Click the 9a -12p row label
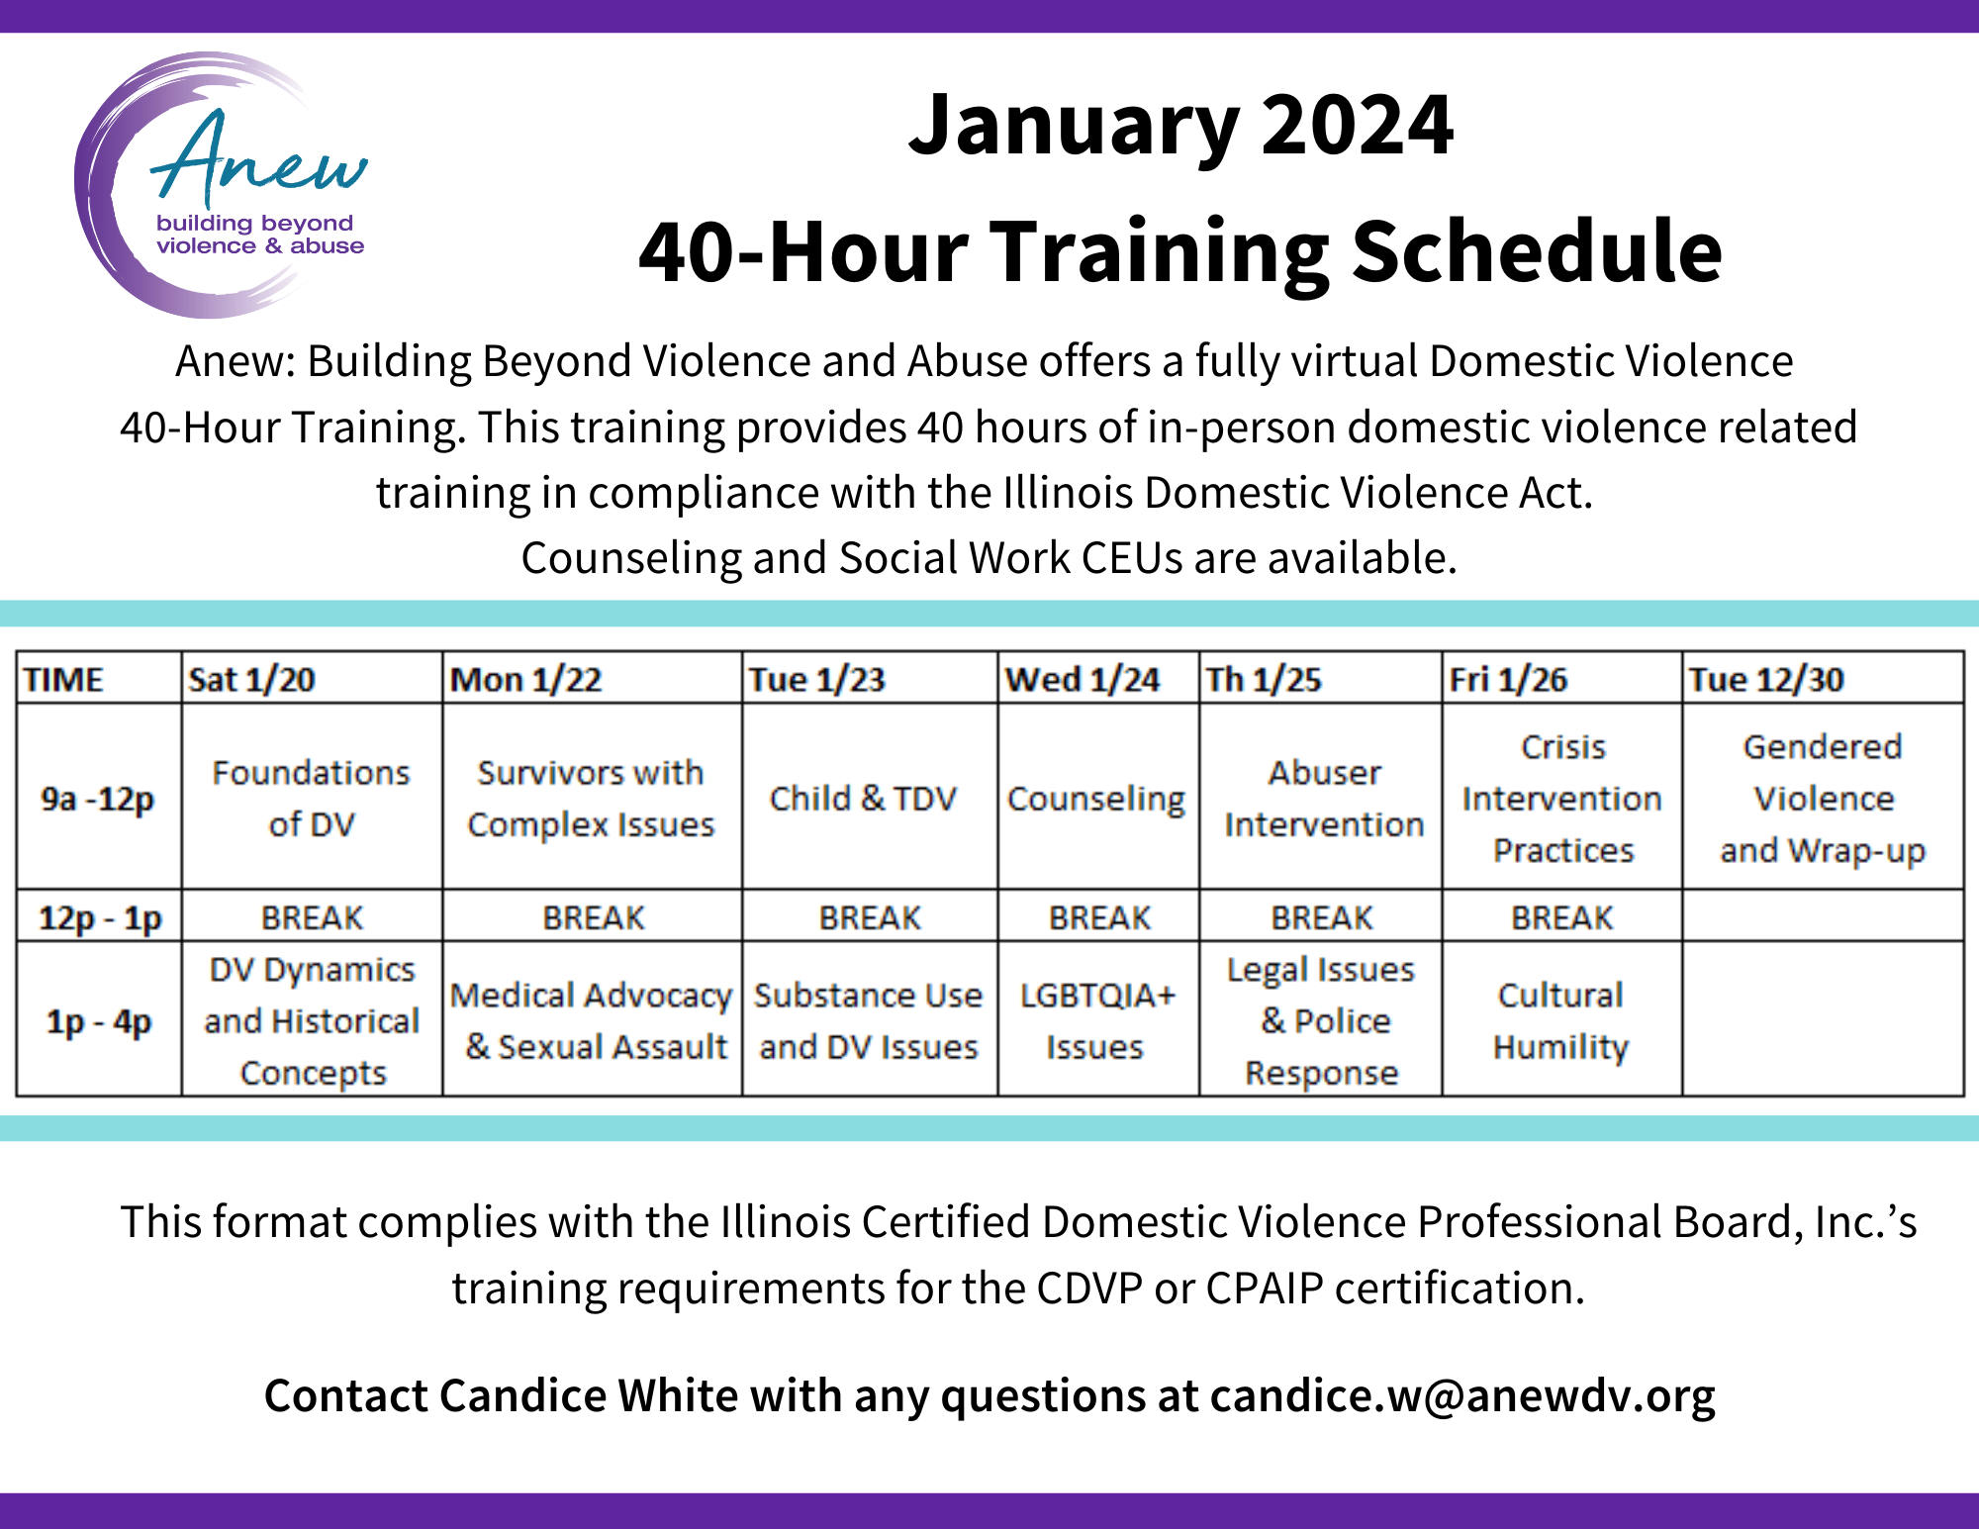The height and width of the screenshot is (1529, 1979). pyautogui.click(x=98, y=799)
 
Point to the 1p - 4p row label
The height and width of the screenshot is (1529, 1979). pyautogui.click(x=99, y=1021)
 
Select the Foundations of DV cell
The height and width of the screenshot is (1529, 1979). pyautogui.click(x=312, y=798)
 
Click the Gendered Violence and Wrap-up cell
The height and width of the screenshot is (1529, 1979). pyautogui.click(x=1823, y=798)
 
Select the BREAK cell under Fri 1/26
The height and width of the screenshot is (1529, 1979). pyautogui.click(x=1561, y=917)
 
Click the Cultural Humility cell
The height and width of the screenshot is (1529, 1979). pyautogui.click(x=1561, y=1020)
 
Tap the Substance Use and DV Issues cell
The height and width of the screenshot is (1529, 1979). pyautogui.click(x=869, y=1020)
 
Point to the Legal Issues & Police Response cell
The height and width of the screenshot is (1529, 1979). pyautogui.click(x=1322, y=1020)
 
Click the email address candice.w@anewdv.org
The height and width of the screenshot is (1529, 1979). pyautogui.click(x=1462, y=1396)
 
